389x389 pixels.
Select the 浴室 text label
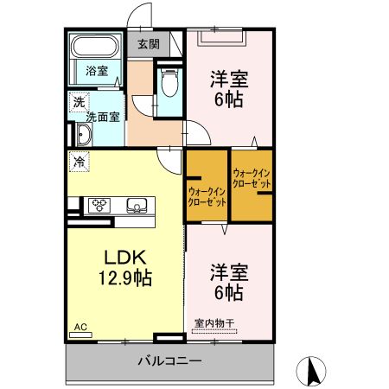pyautogui.click(x=96, y=71)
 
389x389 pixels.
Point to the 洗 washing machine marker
pyautogui.click(x=80, y=100)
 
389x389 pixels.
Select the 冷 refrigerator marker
pyautogui.click(x=80, y=161)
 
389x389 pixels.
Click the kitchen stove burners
pyautogui.click(x=99, y=205)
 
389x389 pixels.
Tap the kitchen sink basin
pyautogui.click(x=137, y=205)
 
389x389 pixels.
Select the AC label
pyautogui.click(x=80, y=327)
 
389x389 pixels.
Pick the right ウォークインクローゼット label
pyautogui.click(x=252, y=180)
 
